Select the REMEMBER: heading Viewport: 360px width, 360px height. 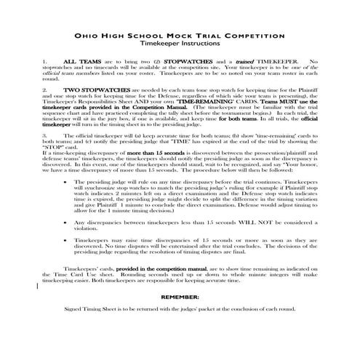180,317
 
